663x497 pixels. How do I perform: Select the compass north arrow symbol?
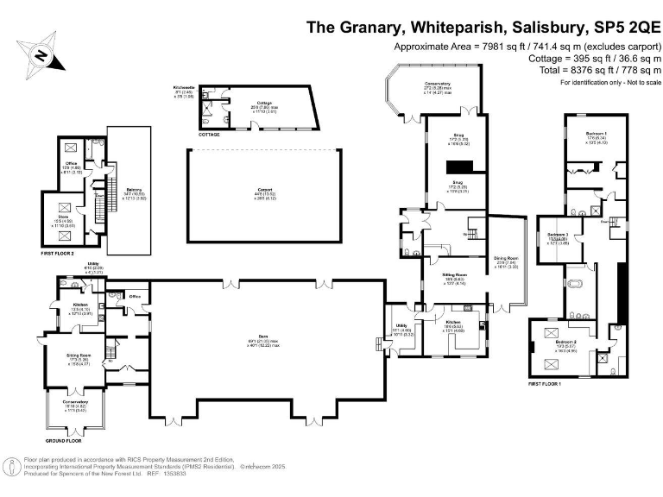41,53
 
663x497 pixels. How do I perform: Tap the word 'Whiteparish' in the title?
450,27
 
